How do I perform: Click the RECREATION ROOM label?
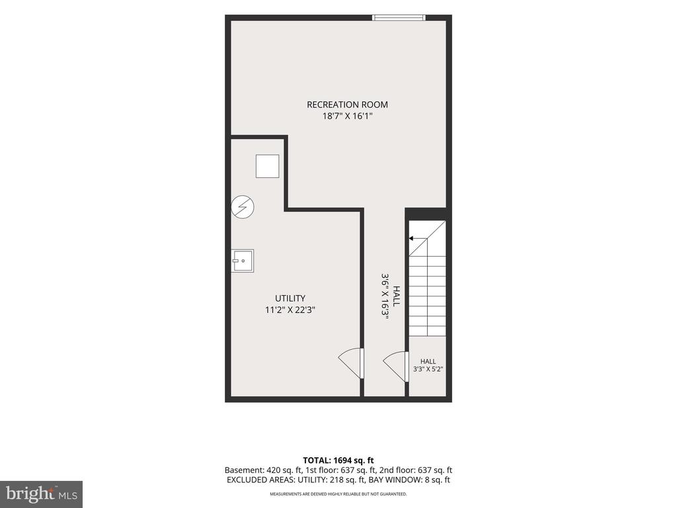pyautogui.click(x=347, y=105)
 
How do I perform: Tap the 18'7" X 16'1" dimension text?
pyautogui.click(x=347, y=116)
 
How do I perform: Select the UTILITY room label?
pyautogui.click(x=290, y=298)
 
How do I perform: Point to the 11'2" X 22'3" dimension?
pyautogui.click(x=290, y=310)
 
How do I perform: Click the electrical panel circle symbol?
pyautogui.click(x=242, y=207)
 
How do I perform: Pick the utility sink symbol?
pyautogui.click(x=242, y=261)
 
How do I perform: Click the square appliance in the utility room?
pyautogui.click(x=267, y=166)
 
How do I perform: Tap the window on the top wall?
pyautogui.click(x=399, y=18)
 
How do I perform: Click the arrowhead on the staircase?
pyautogui.click(x=411, y=238)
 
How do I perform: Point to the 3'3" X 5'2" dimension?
pyautogui.click(x=428, y=369)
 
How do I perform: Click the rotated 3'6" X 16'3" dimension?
pyautogui.click(x=385, y=296)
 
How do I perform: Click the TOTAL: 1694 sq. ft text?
pyautogui.click(x=338, y=460)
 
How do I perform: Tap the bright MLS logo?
pyautogui.click(x=42, y=494)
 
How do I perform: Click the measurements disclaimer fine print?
pyautogui.click(x=338, y=493)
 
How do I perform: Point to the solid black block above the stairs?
pyautogui.click(x=427, y=214)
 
